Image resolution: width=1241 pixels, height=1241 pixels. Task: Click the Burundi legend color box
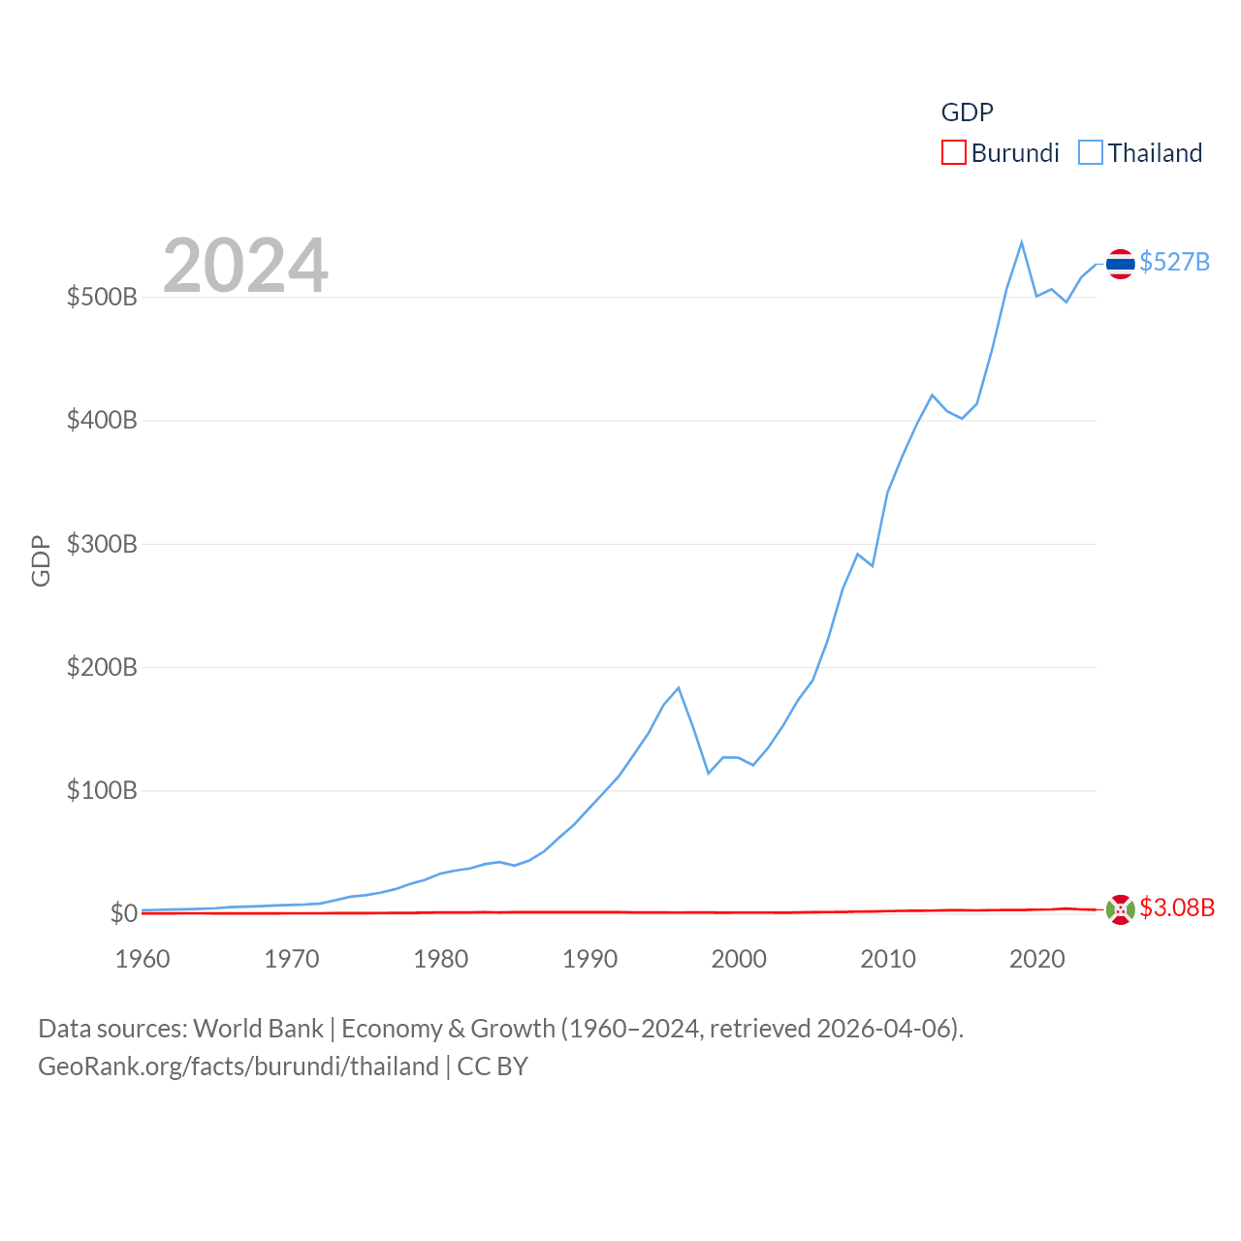coord(954,153)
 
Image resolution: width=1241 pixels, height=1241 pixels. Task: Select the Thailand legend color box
coord(1091,153)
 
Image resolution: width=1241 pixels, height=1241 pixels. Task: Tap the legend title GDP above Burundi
coord(967,112)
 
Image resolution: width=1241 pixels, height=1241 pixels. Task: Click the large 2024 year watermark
coord(245,266)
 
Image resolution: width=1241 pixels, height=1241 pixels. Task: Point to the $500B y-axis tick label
coord(102,297)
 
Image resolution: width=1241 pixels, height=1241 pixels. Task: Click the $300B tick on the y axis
coord(102,544)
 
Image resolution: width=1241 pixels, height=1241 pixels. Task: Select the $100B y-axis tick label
coord(102,790)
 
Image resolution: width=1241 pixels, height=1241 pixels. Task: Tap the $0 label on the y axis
coord(123,913)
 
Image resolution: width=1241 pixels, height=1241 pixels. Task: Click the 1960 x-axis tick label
coord(143,959)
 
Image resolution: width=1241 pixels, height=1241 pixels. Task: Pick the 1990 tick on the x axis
coord(589,959)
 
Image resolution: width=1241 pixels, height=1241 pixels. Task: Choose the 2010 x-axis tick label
coord(888,959)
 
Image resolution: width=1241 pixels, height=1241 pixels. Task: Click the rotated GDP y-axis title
coord(41,560)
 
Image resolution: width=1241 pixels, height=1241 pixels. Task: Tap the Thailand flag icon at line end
coord(1120,264)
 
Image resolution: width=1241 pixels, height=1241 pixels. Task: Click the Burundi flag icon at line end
coord(1120,910)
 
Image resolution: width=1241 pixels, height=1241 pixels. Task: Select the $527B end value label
coord(1174,262)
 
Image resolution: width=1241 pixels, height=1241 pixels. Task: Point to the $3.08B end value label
coord(1177,907)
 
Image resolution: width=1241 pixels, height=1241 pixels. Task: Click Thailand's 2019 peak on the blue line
coord(1022,242)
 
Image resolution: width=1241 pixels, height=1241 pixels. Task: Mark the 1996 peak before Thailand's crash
coord(679,687)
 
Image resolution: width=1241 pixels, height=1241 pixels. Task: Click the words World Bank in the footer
coord(258,1028)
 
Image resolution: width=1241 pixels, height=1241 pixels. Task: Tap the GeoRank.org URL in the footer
coord(239,1066)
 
